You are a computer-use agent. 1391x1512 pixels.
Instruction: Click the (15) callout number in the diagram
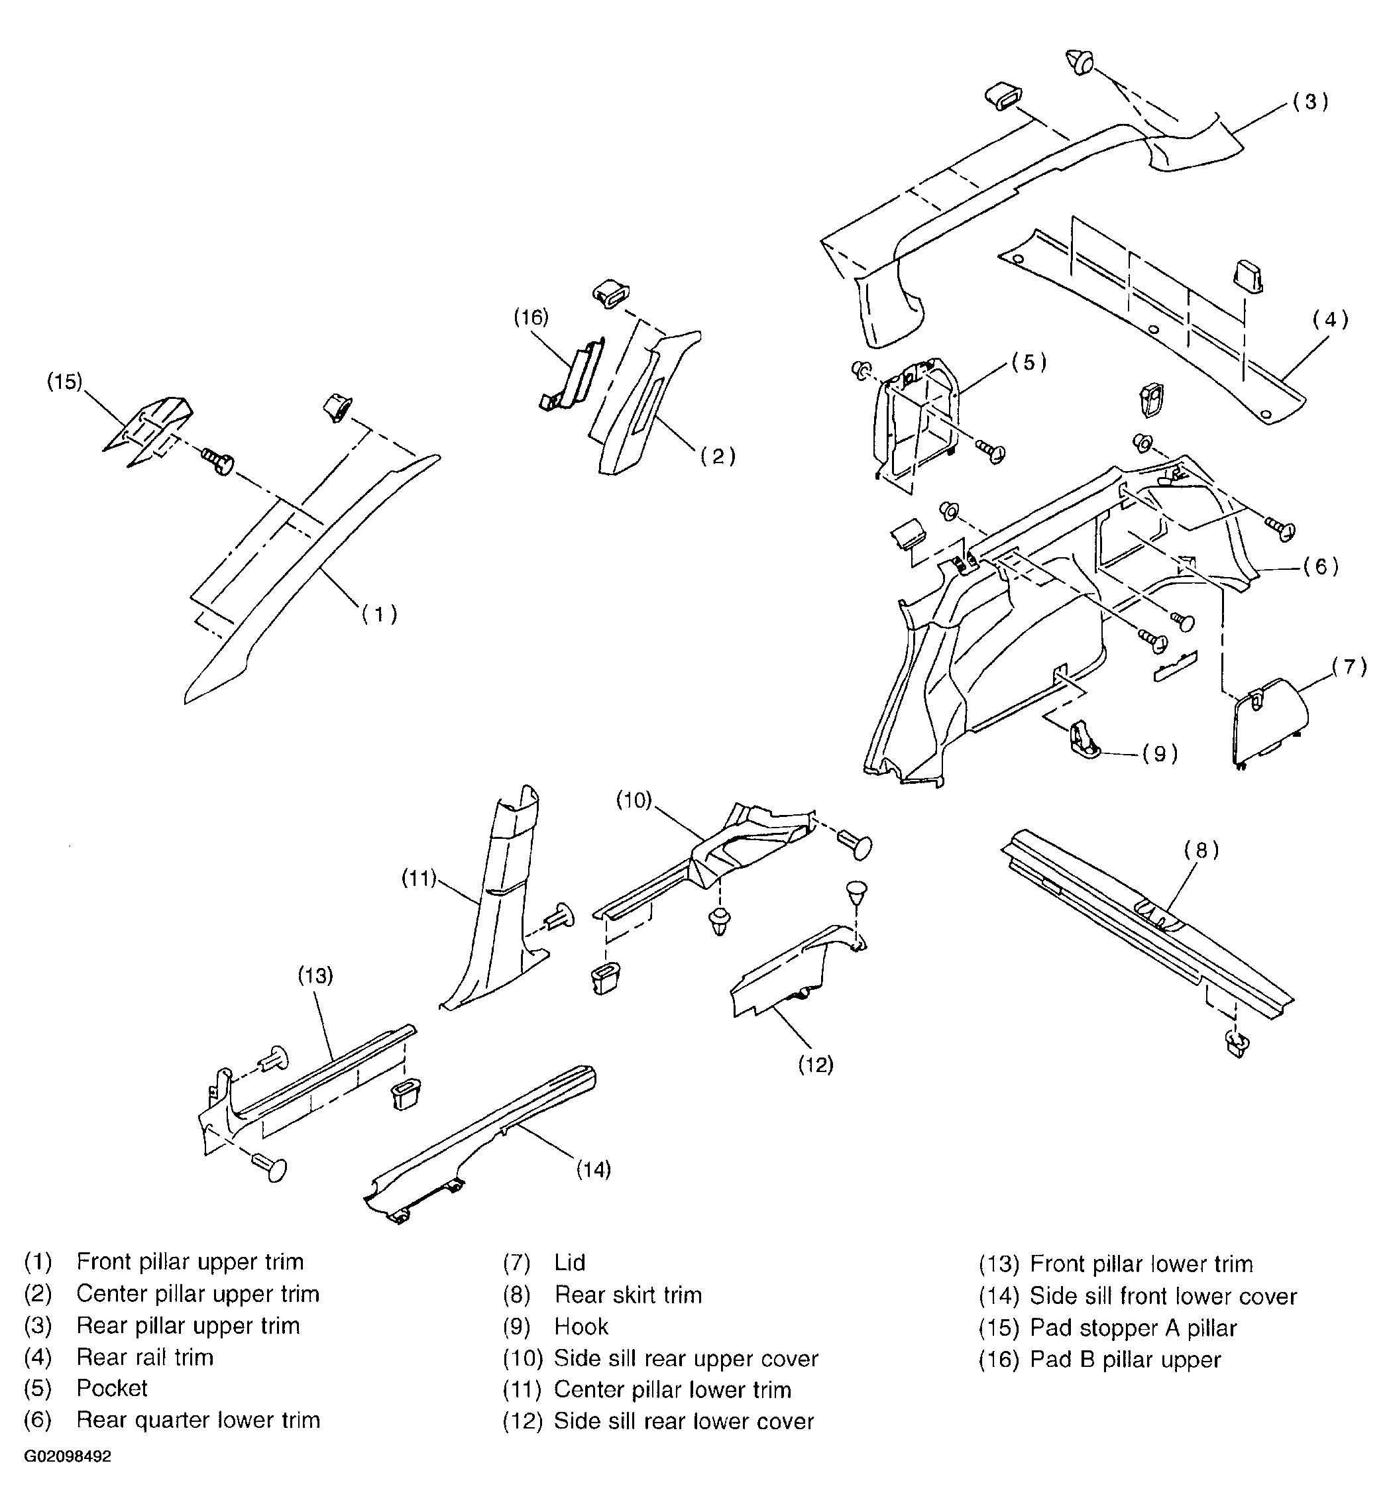point(65,382)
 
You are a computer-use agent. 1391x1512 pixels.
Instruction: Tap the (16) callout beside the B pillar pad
point(531,317)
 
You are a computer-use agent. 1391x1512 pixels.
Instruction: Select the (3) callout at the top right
point(1310,101)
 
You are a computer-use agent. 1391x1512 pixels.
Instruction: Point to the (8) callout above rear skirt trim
point(1201,851)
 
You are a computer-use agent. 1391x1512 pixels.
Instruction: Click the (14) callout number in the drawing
point(594,1169)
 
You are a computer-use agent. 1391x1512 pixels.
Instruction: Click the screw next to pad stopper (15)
point(217,460)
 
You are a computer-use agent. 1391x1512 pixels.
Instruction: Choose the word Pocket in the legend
point(112,1388)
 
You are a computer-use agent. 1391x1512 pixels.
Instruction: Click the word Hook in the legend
point(581,1326)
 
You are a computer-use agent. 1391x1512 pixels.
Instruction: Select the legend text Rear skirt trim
point(628,1295)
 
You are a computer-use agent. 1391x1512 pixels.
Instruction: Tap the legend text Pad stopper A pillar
point(1134,1328)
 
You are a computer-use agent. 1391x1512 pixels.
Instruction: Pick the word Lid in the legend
point(570,1262)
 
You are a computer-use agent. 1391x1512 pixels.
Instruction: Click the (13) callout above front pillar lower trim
point(315,976)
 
